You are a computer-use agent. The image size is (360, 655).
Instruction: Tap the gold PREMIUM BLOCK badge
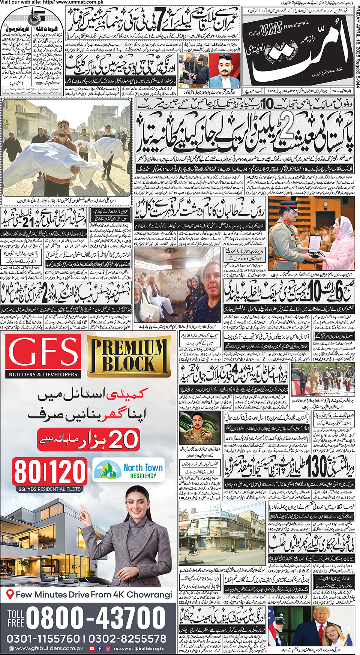point(129,356)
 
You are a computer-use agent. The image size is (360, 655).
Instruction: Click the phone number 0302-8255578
point(127,639)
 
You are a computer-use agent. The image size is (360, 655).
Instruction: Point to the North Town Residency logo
point(129,470)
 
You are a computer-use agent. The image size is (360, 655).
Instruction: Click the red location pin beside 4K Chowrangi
point(10,594)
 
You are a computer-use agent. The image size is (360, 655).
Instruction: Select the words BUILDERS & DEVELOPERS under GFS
point(43,374)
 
